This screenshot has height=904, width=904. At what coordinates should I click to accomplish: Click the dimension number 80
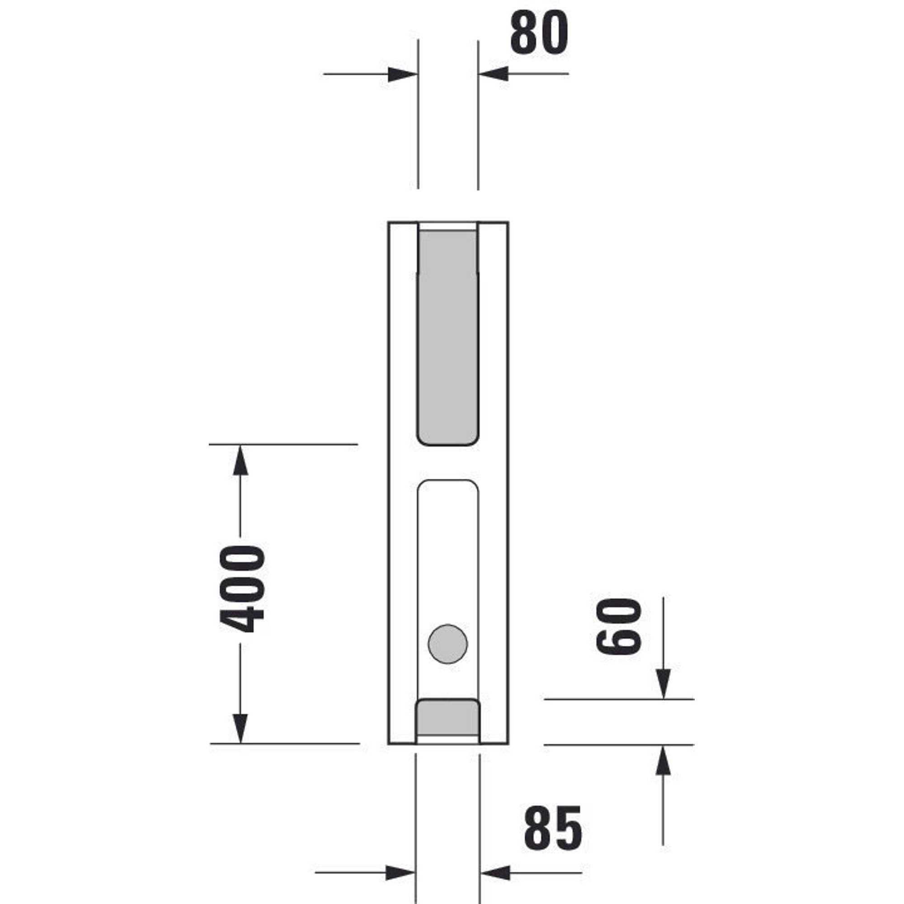539,33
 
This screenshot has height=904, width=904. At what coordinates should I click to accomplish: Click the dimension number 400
242,589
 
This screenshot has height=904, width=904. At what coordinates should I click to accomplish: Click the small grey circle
448,644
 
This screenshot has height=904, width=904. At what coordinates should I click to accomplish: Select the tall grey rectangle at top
448,337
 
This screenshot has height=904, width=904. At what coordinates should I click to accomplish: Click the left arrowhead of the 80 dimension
402,75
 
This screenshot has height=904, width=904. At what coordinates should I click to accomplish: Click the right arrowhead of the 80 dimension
493,74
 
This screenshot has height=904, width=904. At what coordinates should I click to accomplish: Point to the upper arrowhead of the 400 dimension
240,460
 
